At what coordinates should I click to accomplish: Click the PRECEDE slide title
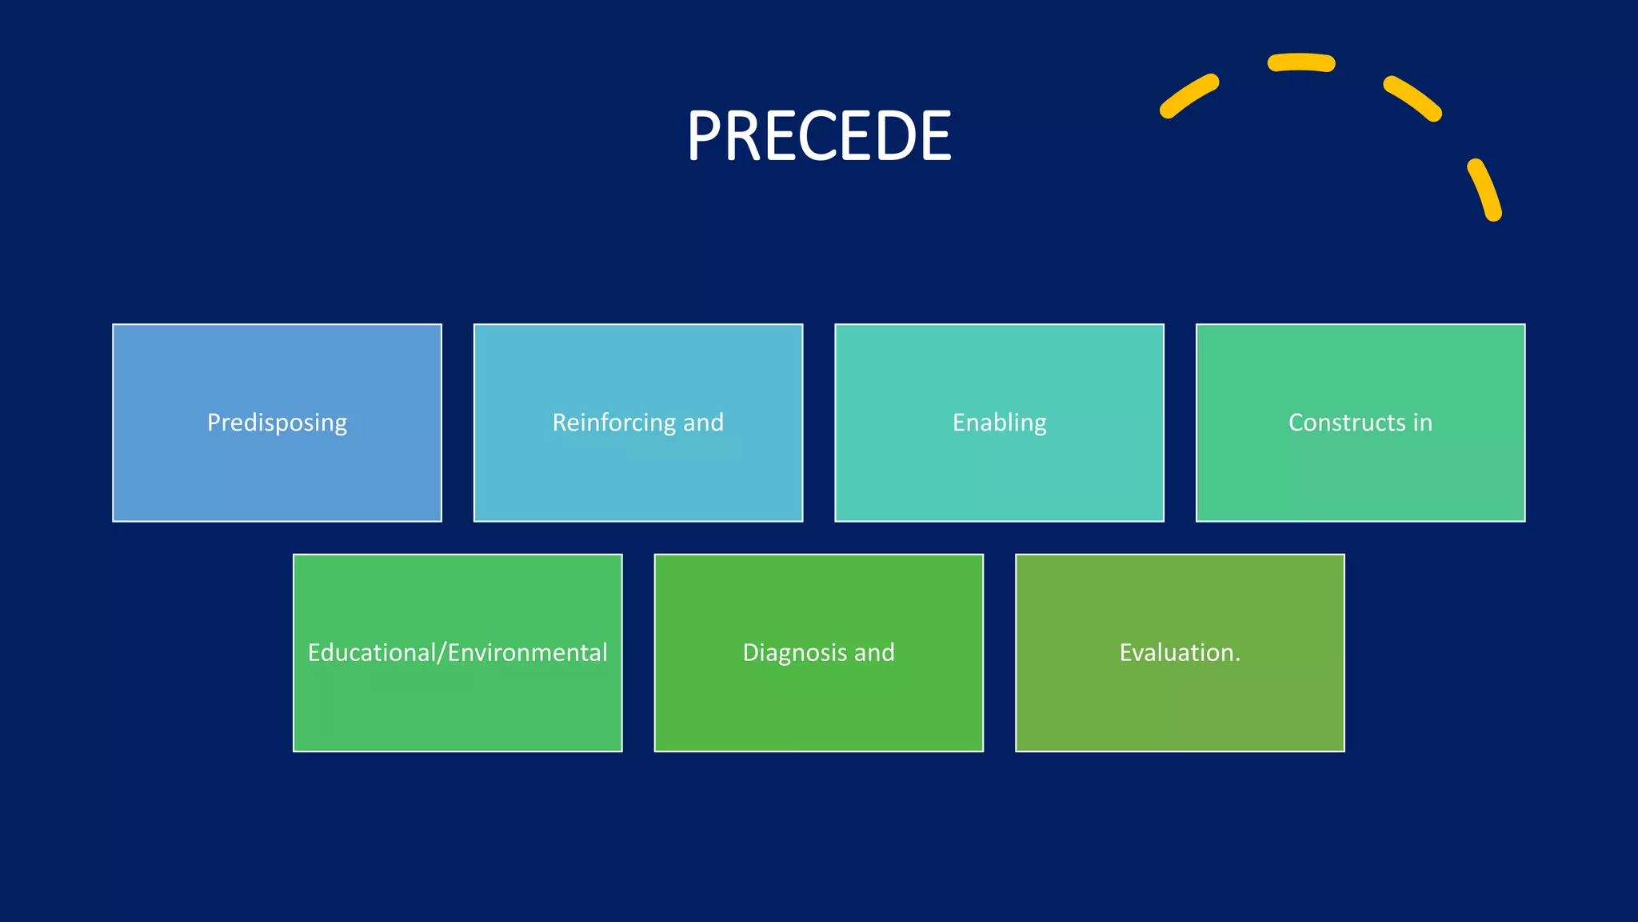[x=819, y=136]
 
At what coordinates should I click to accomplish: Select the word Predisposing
[x=277, y=423]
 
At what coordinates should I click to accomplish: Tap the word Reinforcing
[x=614, y=423]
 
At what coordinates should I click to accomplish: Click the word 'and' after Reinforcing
[x=703, y=423]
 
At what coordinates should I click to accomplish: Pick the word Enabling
[x=999, y=423]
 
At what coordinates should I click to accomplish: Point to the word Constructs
[x=1347, y=423]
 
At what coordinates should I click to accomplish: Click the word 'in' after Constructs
[x=1423, y=423]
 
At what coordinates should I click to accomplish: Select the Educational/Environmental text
[x=457, y=652]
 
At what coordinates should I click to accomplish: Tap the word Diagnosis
[x=794, y=652]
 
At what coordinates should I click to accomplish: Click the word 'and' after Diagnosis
[x=874, y=652]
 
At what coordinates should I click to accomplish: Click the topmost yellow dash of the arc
[x=1301, y=62]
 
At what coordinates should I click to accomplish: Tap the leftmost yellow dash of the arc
[x=1189, y=96]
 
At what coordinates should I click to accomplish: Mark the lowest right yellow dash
[x=1484, y=190]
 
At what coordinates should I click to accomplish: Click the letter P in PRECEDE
[x=705, y=136]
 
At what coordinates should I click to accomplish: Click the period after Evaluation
[x=1237, y=660]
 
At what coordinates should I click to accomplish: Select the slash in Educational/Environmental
[x=441, y=652]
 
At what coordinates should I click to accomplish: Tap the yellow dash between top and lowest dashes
[x=1413, y=98]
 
